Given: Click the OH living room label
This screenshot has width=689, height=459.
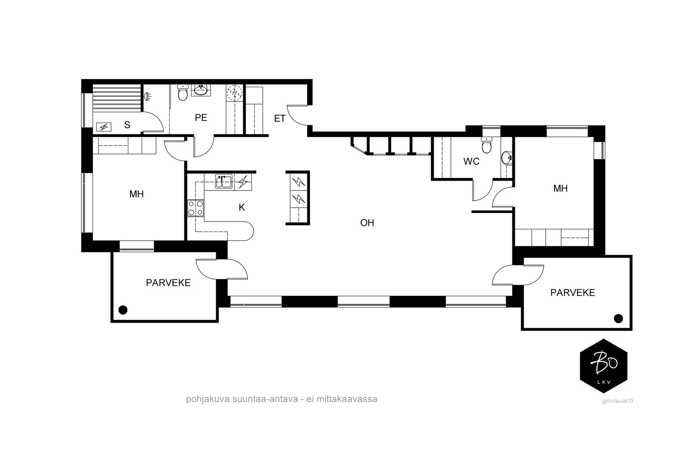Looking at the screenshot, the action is [x=367, y=223].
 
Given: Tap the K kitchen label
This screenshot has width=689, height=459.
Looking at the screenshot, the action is [x=242, y=208].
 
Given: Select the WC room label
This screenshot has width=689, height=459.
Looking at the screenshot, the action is [x=471, y=161].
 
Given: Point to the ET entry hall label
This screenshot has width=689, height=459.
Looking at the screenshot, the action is [x=279, y=119].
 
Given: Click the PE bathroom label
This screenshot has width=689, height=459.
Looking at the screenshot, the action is [x=201, y=118].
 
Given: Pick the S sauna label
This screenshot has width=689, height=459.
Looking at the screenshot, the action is [x=127, y=125].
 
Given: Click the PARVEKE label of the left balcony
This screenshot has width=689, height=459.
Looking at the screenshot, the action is [x=168, y=283].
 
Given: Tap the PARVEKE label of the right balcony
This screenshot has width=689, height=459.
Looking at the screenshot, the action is [x=572, y=293].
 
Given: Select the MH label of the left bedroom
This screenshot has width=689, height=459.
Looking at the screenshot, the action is [x=137, y=194].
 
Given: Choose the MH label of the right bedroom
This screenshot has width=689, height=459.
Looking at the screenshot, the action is [x=560, y=189].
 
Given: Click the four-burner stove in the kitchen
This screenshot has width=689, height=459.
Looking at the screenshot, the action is [x=196, y=208].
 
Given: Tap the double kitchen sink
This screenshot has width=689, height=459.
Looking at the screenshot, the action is [x=224, y=182].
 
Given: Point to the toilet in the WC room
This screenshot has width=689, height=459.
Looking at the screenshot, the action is [x=486, y=145].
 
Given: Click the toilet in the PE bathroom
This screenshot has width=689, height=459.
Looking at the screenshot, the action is [x=183, y=93].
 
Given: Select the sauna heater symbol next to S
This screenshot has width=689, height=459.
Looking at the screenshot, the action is [x=104, y=127].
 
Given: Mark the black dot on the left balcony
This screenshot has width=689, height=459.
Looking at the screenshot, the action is [x=123, y=310].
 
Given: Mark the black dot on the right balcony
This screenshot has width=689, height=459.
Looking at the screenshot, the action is [x=618, y=319].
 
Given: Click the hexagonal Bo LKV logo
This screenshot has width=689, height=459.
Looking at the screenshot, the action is [x=603, y=366].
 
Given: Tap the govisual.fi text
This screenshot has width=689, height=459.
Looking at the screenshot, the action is [x=618, y=400].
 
